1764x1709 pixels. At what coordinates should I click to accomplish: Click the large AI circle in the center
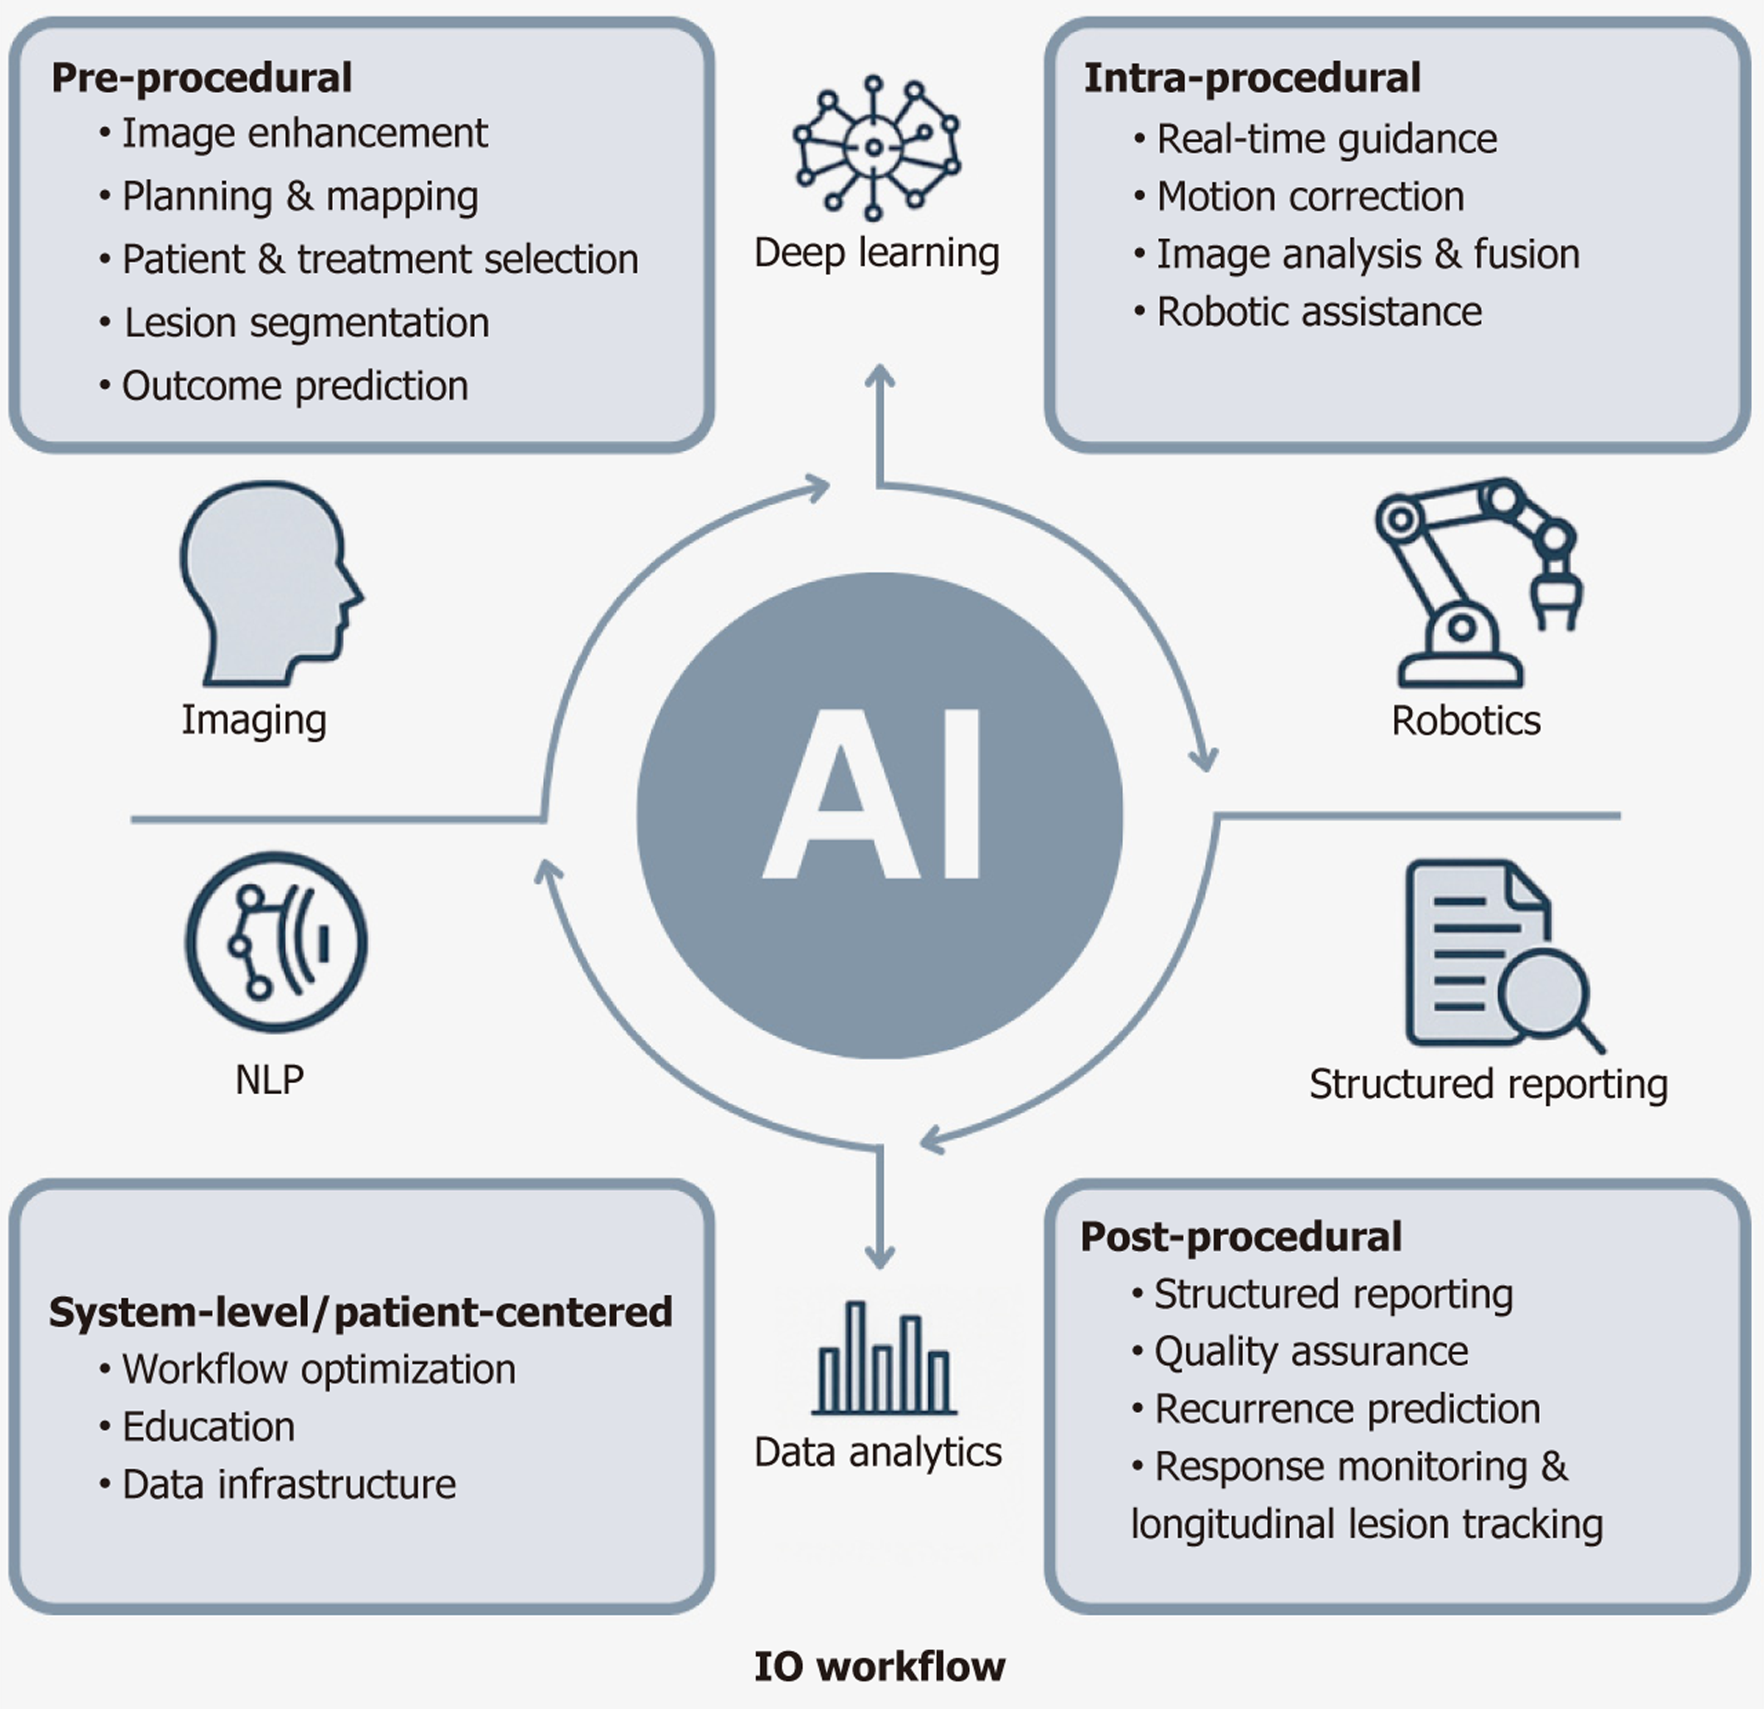879,816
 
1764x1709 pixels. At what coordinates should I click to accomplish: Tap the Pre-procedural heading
201,77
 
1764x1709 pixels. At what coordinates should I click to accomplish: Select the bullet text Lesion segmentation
306,323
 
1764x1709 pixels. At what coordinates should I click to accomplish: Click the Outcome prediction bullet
295,385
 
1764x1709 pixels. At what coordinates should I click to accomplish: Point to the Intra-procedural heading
1251,77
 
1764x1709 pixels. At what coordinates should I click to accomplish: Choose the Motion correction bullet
1309,196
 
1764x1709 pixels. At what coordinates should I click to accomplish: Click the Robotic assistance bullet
1319,312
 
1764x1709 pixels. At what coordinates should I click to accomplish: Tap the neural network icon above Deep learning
876,147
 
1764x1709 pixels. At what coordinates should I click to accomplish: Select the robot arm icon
1475,581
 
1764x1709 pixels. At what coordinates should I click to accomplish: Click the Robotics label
1465,720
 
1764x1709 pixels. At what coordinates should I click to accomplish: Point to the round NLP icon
276,941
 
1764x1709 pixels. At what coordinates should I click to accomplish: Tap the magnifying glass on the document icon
1544,994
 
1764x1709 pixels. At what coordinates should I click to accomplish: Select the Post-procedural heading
1240,1236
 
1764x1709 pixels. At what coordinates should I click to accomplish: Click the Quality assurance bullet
1310,1351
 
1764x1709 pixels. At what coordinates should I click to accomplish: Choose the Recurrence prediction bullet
1347,1408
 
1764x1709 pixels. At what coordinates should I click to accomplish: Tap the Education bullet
208,1426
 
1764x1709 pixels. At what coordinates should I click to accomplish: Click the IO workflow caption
879,1666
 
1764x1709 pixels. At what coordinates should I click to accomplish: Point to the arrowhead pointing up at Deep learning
880,377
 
